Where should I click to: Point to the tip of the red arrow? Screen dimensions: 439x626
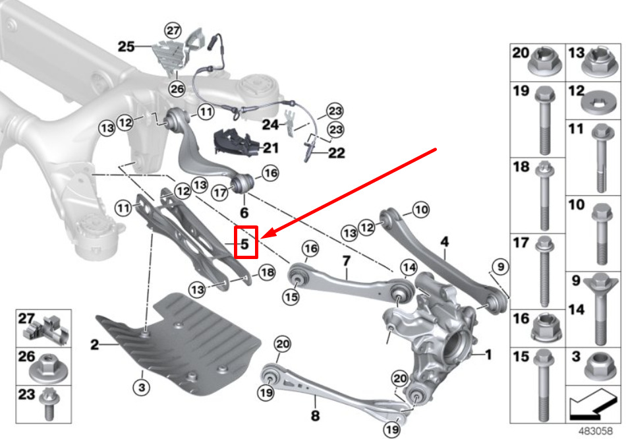pyautogui.click(x=263, y=236)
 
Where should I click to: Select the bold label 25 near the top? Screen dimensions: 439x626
pyautogui.click(x=127, y=46)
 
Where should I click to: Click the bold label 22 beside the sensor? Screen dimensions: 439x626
pyautogui.click(x=337, y=154)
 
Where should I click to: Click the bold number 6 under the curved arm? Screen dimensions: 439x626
pyautogui.click(x=244, y=213)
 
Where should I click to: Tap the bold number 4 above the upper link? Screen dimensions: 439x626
pyautogui.click(x=445, y=241)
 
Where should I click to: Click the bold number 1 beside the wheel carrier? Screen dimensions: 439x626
pyautogui.click(x=488, y=355)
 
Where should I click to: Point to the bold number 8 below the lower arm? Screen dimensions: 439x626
pyautogui.click(x=315, y=416)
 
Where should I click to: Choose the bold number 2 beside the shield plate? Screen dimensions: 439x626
pyautogui.click(x=95, y=345)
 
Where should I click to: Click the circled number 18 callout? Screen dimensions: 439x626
pyautogui.click(x=266, y=272)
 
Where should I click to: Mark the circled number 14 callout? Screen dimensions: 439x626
pyautogui.click(x=409, y=267)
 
